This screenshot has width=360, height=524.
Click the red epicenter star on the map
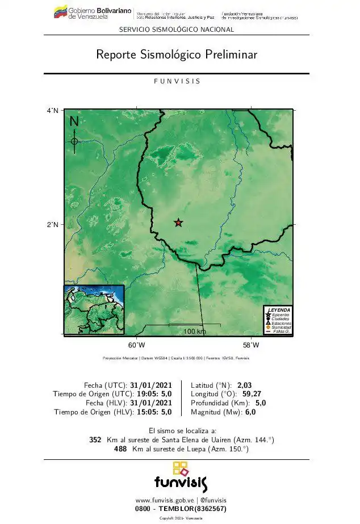(178, 223)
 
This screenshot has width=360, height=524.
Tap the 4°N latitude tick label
(53, 111)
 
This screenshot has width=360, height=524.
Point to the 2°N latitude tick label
(53, 225)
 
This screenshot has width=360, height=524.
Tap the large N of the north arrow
(74, 122)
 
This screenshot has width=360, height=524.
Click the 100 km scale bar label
(194, 332)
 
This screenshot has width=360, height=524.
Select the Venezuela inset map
(94, 309)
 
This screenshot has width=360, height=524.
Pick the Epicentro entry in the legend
(281, 315)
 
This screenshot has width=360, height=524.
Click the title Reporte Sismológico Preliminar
(177, 55)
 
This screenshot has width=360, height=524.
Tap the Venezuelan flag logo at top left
(60, 12)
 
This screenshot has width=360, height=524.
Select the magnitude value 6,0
(250, 412)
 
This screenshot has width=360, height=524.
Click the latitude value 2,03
(244, 385)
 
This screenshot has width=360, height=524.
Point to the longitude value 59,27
(248, 394)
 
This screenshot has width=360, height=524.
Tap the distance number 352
(95, 440)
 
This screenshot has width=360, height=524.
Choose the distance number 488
(120, 449)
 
